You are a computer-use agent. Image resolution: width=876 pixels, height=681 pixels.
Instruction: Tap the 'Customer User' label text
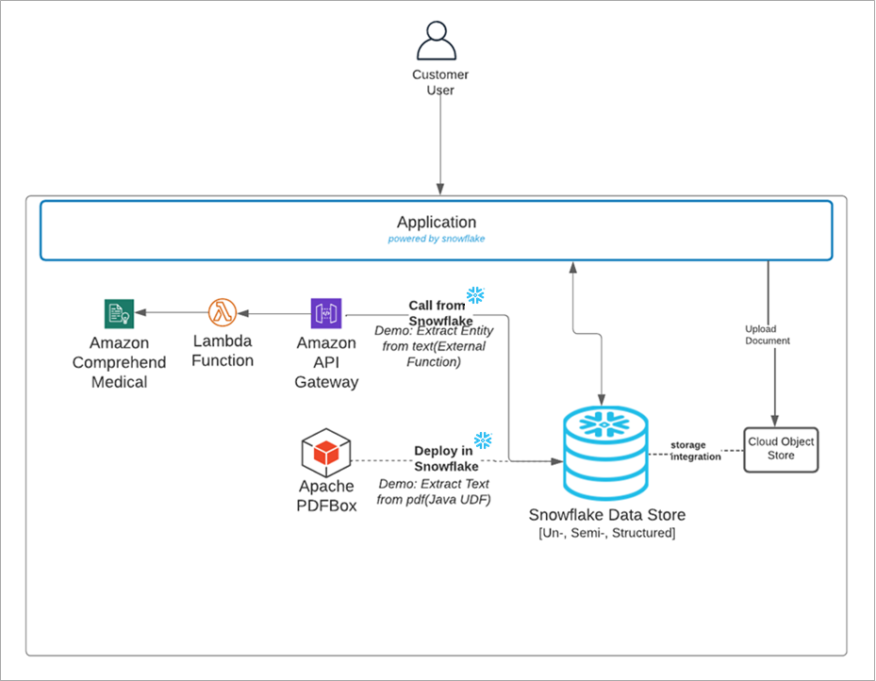[x=439, y=82]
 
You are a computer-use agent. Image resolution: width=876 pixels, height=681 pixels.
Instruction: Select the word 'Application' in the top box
[x=436, y=223]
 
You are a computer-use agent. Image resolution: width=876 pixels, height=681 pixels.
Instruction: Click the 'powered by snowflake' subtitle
[x=436, y=239]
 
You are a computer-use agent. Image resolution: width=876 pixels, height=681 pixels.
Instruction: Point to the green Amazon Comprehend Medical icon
[x=119, y=313]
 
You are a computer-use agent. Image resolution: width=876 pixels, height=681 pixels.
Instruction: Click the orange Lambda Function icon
[x=223, y=311]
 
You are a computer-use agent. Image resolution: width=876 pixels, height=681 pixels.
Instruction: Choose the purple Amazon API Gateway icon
[x=325, y=313]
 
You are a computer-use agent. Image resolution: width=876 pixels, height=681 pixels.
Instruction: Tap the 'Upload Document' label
[x=767, y=335]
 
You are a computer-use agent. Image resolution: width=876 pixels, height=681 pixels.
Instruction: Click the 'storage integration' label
[x=695, y=451]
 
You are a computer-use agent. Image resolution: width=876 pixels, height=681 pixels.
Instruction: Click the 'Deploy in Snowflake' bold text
[x=445, y=458]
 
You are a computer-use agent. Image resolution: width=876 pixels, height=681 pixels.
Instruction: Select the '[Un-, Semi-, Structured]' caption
[x=605, y=534]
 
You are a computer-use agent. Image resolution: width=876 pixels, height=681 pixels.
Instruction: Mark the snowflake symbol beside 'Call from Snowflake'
[x=475, y=296]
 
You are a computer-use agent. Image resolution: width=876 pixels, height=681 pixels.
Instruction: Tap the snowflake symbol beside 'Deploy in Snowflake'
[x=483, y=440]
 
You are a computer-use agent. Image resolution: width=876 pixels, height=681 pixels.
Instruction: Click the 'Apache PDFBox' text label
[x=326, y=496]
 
